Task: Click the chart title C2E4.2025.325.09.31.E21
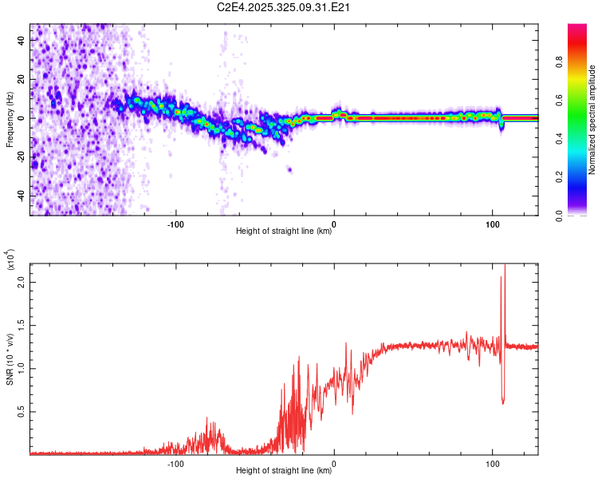tap(285, 8)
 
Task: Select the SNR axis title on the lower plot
tap(10, 358)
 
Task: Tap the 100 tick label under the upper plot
tap(492, 223)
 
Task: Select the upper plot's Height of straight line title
tap(284, 232)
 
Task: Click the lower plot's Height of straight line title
tap(284, 470)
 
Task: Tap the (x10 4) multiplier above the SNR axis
tap(11, 260)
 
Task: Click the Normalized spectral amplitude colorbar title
tap(592, 120)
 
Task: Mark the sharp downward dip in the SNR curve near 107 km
tap(502, 402)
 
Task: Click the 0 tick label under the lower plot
tap(333, 462)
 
